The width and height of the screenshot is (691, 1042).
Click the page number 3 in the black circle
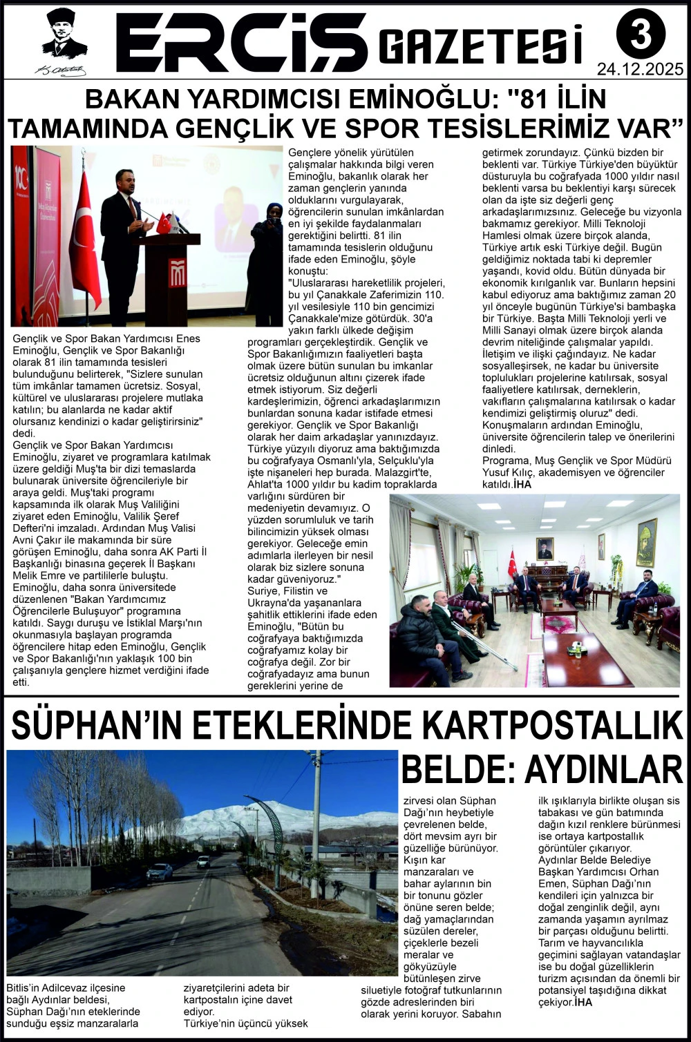[641, 34]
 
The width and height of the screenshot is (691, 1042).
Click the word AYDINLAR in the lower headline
[604, 769]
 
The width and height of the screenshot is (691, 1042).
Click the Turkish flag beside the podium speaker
[85, 235]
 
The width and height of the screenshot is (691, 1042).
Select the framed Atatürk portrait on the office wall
[545, 548]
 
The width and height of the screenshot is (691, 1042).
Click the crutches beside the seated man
[486, 645]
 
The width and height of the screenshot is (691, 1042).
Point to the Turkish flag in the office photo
[512, 563]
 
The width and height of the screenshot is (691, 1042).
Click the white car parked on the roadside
[160, 871]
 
